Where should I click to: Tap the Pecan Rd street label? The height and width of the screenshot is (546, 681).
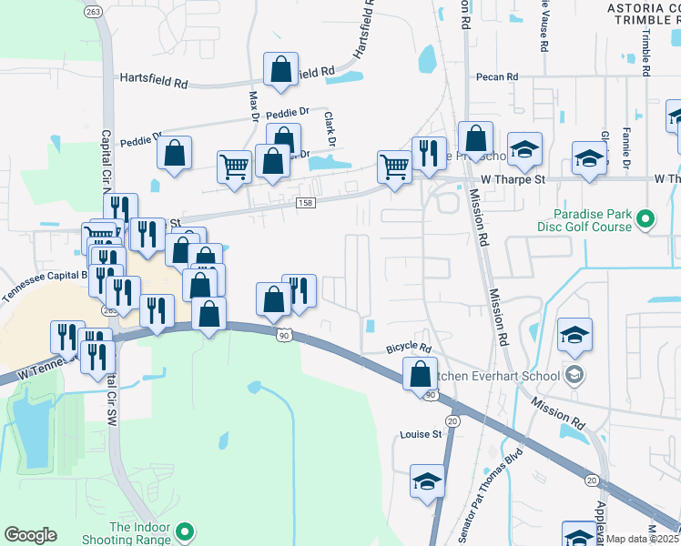(x=498, y=77)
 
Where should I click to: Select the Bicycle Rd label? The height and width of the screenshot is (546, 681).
(x=407, y=347)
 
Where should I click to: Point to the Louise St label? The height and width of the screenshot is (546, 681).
(x=421, y=435)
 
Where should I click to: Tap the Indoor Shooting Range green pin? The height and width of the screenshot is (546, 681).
(x=185, y=530)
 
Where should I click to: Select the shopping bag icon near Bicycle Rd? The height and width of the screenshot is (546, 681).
(x=419, y=373)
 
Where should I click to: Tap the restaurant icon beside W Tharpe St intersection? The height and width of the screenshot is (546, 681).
(x=427, y=153)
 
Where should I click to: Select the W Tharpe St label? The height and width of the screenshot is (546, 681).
(x=513, y=179)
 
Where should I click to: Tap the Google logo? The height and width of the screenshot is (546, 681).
(x=30, y=534)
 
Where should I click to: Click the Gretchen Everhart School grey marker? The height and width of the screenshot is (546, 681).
(x=574, y=374)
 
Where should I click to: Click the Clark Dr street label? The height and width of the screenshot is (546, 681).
(x=330, y=128)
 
